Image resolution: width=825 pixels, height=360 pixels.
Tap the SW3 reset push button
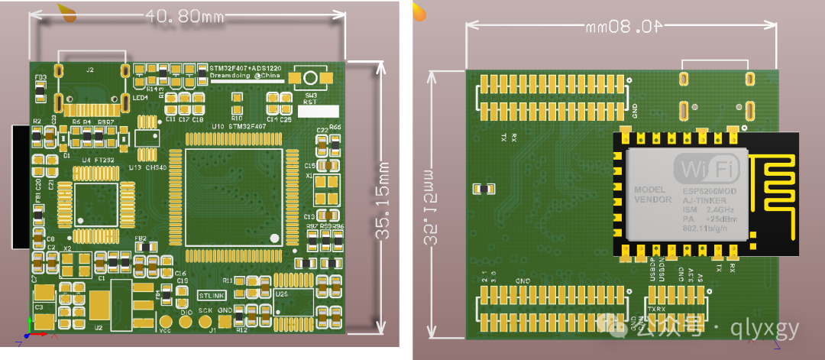(310, 78)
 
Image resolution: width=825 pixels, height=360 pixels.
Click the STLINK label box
(212, 294)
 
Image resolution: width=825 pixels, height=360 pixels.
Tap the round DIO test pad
(186, 321)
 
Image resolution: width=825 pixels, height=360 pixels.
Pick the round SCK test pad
(205, 321)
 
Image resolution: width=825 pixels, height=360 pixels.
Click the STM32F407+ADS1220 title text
(246, 68)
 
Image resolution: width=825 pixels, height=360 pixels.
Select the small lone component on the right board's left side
(482, 189)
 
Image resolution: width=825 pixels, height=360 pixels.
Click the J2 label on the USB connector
(89, 70)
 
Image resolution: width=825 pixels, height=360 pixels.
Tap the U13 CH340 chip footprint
(147, 138)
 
